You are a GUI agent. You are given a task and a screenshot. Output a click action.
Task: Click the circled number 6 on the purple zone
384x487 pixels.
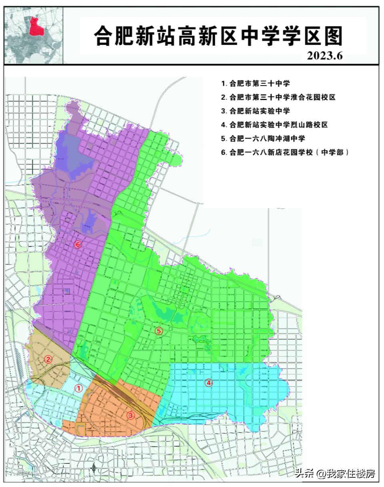point(78,244)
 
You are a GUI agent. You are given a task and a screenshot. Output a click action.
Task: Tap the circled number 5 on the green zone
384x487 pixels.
point(159,331)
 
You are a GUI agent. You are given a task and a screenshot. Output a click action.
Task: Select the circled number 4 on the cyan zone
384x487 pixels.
point(208,383)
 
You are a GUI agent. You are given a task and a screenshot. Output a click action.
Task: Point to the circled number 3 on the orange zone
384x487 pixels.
point(130,415)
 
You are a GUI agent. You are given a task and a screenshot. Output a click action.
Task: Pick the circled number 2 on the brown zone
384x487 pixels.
point(48,359)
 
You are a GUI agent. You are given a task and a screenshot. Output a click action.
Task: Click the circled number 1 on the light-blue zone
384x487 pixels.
point(79,388)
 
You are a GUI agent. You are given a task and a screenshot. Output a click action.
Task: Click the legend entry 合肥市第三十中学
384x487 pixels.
point(256,84)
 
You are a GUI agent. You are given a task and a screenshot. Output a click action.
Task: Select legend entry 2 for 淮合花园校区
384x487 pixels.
point(278,97)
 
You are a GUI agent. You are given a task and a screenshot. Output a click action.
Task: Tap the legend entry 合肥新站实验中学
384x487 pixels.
point(256,111)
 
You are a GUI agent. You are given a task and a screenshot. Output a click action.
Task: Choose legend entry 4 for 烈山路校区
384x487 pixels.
point(274,125)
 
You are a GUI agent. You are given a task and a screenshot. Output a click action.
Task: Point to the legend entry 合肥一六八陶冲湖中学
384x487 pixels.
point(263,138)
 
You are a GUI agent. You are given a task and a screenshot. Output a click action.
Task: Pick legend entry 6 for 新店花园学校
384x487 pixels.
point(285,152)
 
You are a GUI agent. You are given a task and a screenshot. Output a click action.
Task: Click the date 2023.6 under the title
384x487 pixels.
point(324,56)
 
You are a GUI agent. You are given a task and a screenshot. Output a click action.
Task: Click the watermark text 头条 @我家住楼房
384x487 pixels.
point(335,474)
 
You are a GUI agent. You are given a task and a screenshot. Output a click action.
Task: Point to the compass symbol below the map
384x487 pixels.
point(94,467)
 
